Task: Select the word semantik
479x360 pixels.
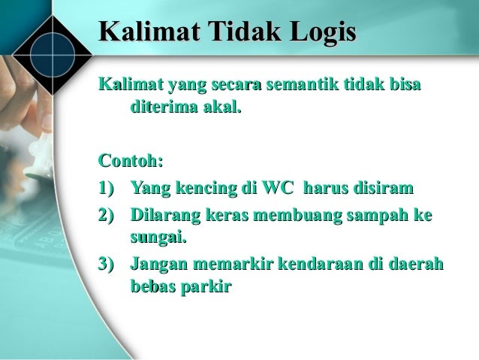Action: point(301,86)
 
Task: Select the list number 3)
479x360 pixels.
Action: point(108,264)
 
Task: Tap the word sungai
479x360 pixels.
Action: point(157,239)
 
